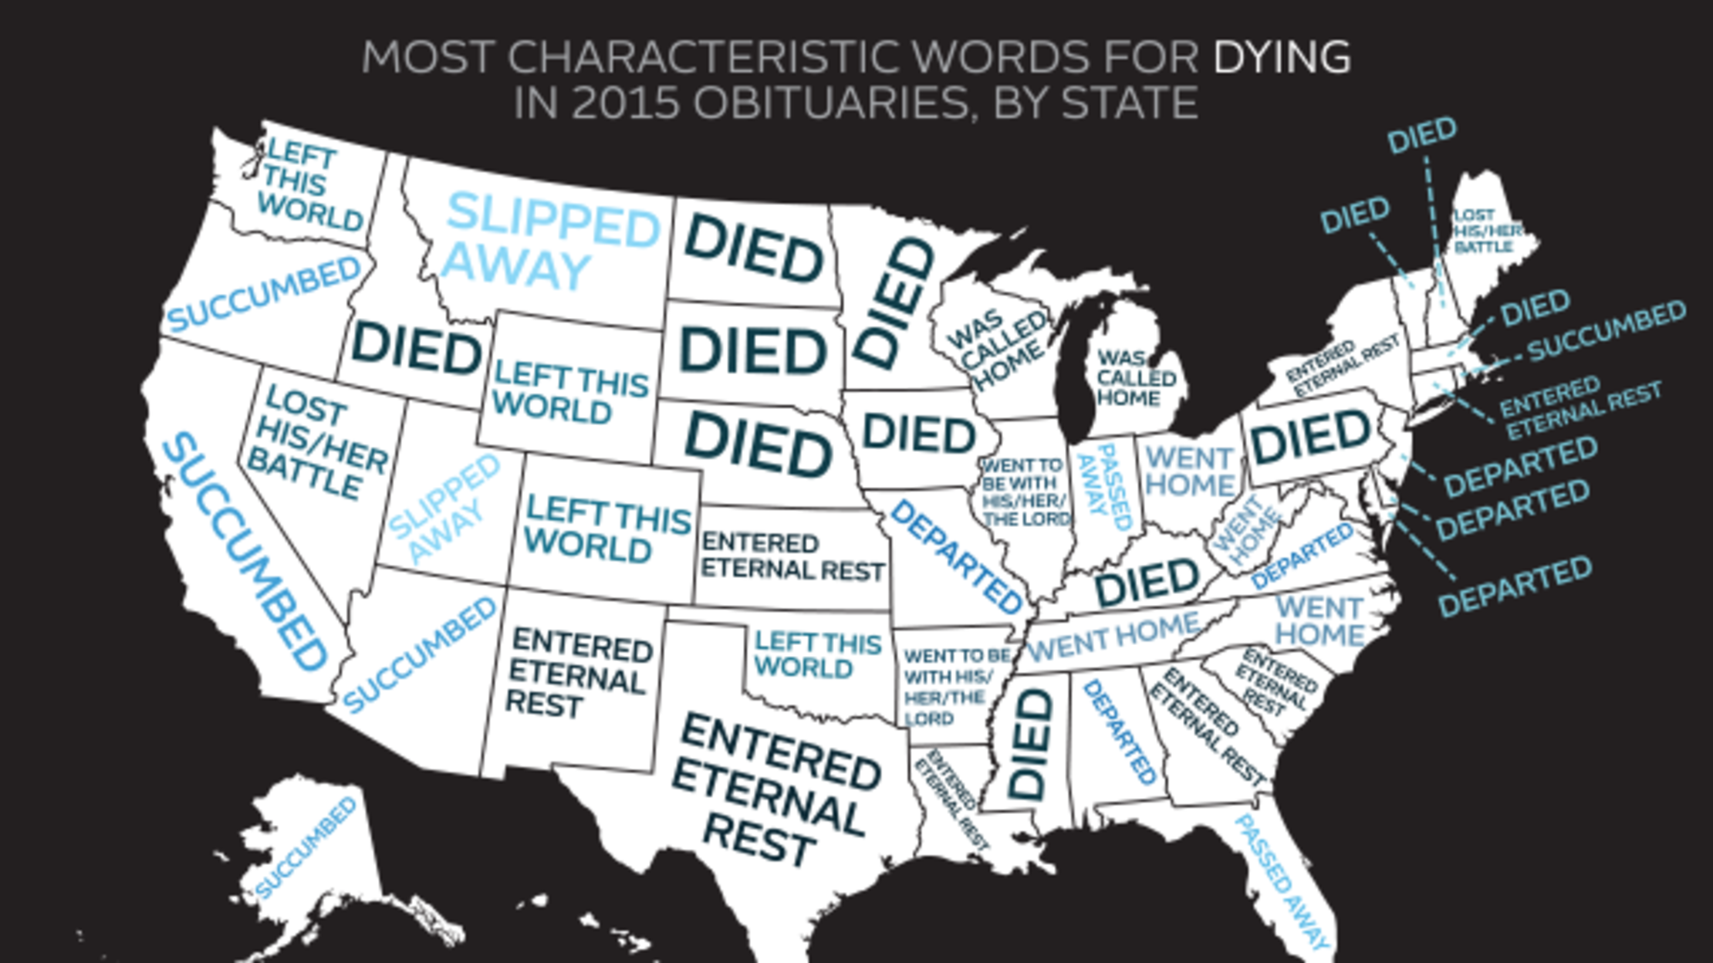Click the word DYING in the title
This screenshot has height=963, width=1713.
tap(1282, 57)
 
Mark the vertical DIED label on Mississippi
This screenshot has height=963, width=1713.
tap(1030, 745)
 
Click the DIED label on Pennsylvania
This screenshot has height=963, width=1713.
tap(1309, 436)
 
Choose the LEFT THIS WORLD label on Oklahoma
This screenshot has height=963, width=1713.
tap(816, 654)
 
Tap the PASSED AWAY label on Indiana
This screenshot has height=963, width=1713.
tap(1105, 486)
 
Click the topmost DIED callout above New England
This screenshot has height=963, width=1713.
tap(1421, 135)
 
